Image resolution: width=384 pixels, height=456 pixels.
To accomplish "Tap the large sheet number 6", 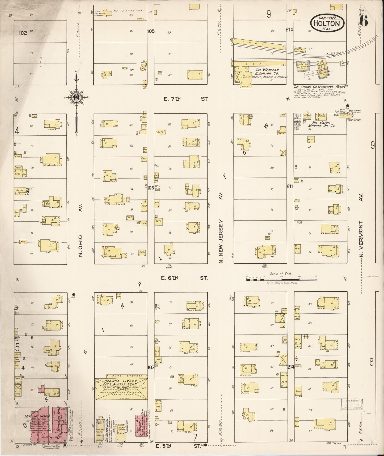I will point(364,21).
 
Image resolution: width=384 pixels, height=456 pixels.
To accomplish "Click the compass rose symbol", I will point(77,97).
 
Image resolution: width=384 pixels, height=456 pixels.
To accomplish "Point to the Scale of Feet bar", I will point(281,279).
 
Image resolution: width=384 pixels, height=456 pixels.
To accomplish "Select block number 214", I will point(290,367).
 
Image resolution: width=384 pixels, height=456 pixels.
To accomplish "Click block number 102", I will point(23,33).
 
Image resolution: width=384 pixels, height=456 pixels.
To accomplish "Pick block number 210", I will point(289,30).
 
